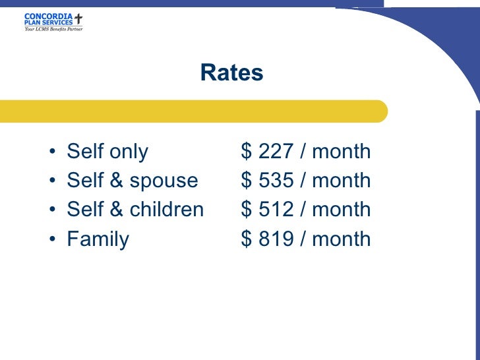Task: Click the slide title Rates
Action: pos(231,73)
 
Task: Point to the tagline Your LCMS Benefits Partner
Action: pos(53,29)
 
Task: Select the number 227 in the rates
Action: pos(276,152)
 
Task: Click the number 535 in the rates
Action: pos(276,181)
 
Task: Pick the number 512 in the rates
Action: pos(276,210)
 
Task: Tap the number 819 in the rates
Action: pos(276,239)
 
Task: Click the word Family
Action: pos(98,239)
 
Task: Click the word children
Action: pos(166,210)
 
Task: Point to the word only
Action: pos(128,152)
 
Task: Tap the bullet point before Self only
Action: pos(52,153)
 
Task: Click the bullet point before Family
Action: pos(52,240)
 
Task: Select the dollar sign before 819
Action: pos(247,239)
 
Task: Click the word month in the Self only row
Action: pos(341,152)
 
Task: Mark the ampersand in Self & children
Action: pos(116,210)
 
